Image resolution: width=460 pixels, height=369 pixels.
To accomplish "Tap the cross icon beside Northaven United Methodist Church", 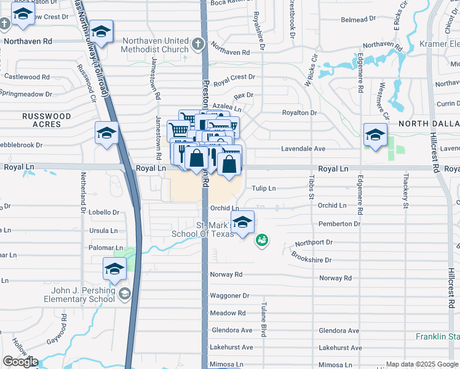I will click(197, 44).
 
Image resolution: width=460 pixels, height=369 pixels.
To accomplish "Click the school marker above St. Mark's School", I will click(243, 223).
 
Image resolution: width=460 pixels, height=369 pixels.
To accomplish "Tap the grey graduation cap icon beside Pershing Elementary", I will click(125, 294).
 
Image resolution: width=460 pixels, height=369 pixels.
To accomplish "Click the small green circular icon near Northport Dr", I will click(262, 240).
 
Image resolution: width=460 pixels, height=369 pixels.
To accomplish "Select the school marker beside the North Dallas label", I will click(375, 135).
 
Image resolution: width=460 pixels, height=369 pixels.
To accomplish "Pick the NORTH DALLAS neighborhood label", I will click(429, 124).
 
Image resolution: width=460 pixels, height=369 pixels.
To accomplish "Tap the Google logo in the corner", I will click(20, 362).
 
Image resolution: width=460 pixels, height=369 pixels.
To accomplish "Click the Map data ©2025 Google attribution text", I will click(422, 364).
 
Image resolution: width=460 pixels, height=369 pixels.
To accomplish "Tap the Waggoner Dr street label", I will click(229, 295).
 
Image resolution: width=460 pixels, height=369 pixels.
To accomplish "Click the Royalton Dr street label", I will click(299, 113).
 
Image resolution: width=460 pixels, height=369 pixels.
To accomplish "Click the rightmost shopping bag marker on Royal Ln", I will click(229, 164).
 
